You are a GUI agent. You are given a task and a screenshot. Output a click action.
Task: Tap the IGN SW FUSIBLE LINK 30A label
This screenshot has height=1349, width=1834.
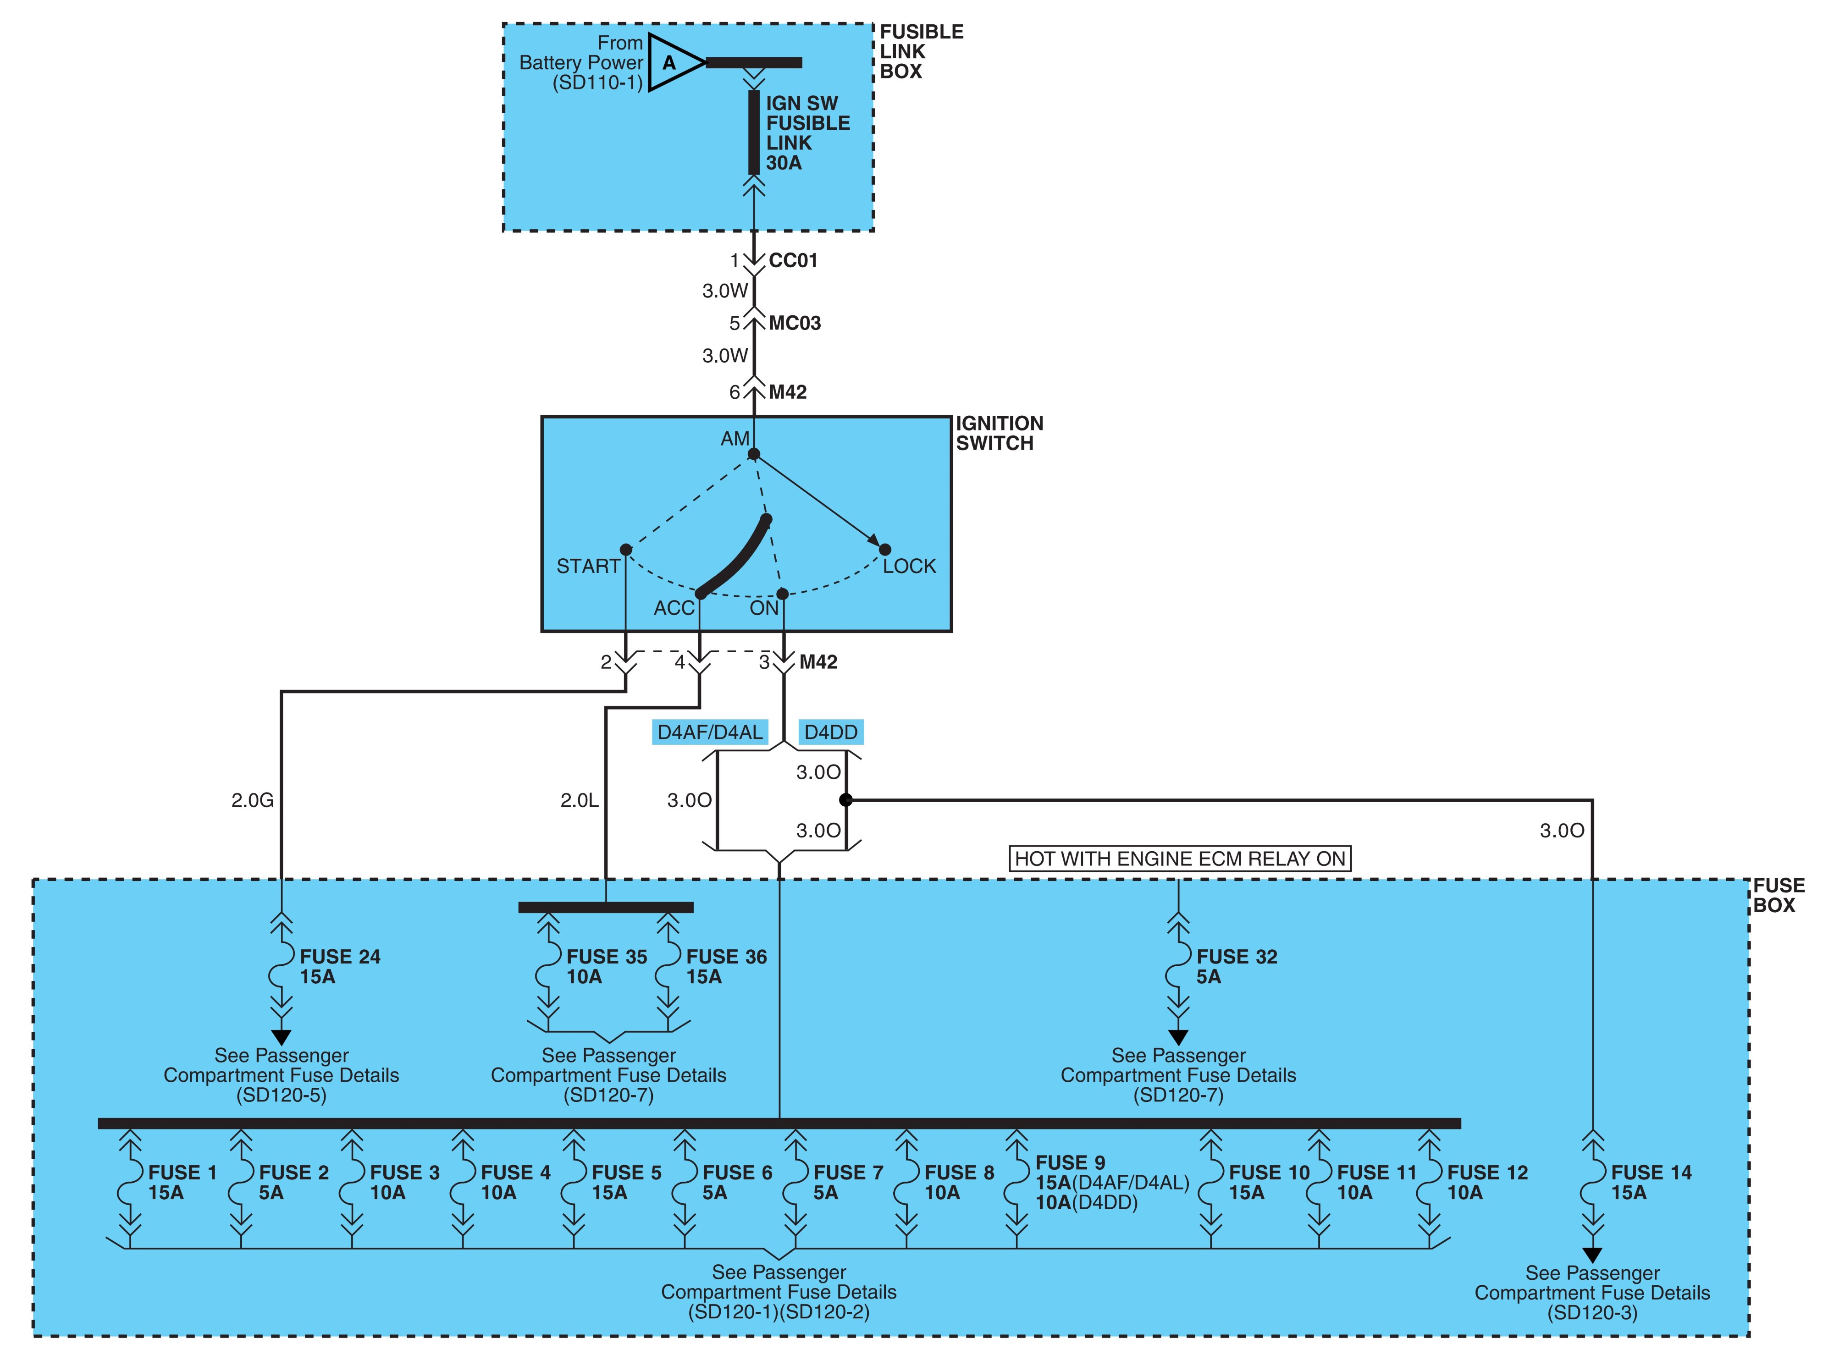coord(807,133)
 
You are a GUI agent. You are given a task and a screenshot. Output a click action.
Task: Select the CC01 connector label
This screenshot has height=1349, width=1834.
coord(793,260)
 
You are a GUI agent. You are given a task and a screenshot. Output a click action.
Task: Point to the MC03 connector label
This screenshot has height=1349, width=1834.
coord(795,323)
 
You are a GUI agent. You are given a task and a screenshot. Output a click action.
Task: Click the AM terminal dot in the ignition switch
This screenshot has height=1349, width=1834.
coord(754,454)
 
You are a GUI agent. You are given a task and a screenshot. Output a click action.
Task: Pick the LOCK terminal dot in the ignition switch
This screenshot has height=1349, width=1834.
coord(884,550)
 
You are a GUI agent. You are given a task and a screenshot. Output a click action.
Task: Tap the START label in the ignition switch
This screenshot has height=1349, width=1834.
coord(588,566)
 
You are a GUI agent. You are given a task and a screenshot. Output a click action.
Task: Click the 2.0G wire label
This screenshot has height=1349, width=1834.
coord(252,800)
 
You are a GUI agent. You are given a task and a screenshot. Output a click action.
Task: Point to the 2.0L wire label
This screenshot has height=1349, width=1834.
coord(580,800)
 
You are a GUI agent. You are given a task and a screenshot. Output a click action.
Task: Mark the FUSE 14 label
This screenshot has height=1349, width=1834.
coord(1651,1173)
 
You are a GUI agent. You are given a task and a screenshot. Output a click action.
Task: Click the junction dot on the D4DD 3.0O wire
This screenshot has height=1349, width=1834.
coord(846,800)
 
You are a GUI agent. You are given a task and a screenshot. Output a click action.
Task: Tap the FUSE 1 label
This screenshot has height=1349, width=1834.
coord(182,1173)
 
